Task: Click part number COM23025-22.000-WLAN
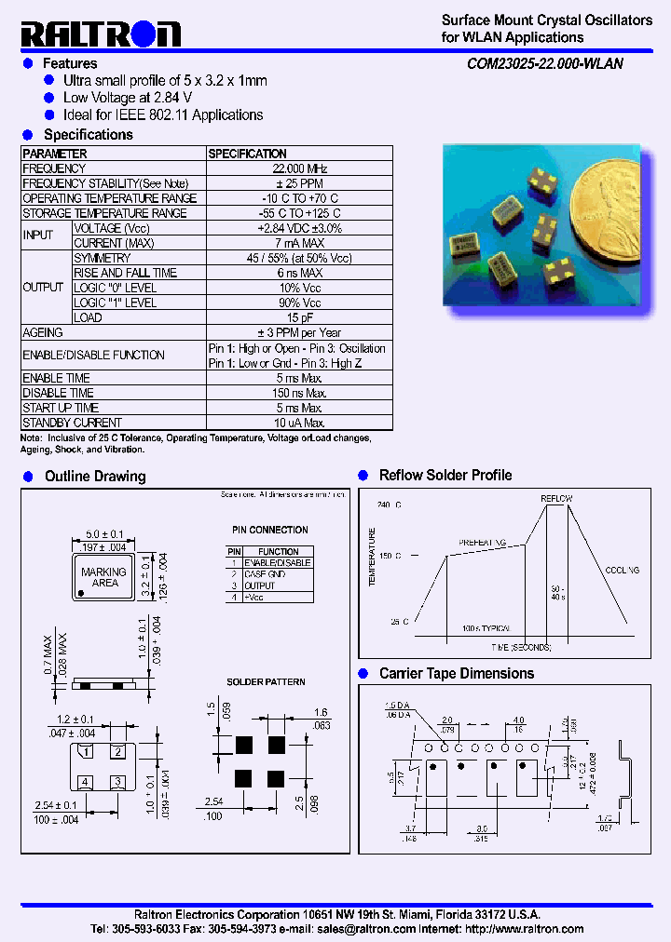(x=545, y=64)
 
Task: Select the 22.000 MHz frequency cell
(x=299, y=168)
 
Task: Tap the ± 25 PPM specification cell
(x=299, y=183)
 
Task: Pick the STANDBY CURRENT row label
(x=72, y=422)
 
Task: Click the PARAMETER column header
(x=55, y=154)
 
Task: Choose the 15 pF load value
(x=299, y=317)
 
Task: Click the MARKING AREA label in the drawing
(x=104, y=577)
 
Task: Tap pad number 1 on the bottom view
(x=86, y=751)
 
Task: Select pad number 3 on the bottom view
(x=118, y=782)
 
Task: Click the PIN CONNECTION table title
(x=269, y=530)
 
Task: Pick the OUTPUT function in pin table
(x=260, y=585)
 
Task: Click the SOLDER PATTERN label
(x=266, y=682)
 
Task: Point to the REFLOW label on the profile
(x=556, y=499)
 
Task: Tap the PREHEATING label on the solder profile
(x=482, y=542)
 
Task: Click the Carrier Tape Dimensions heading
(x=457, y=673)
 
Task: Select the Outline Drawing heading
(x=95, y=477)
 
